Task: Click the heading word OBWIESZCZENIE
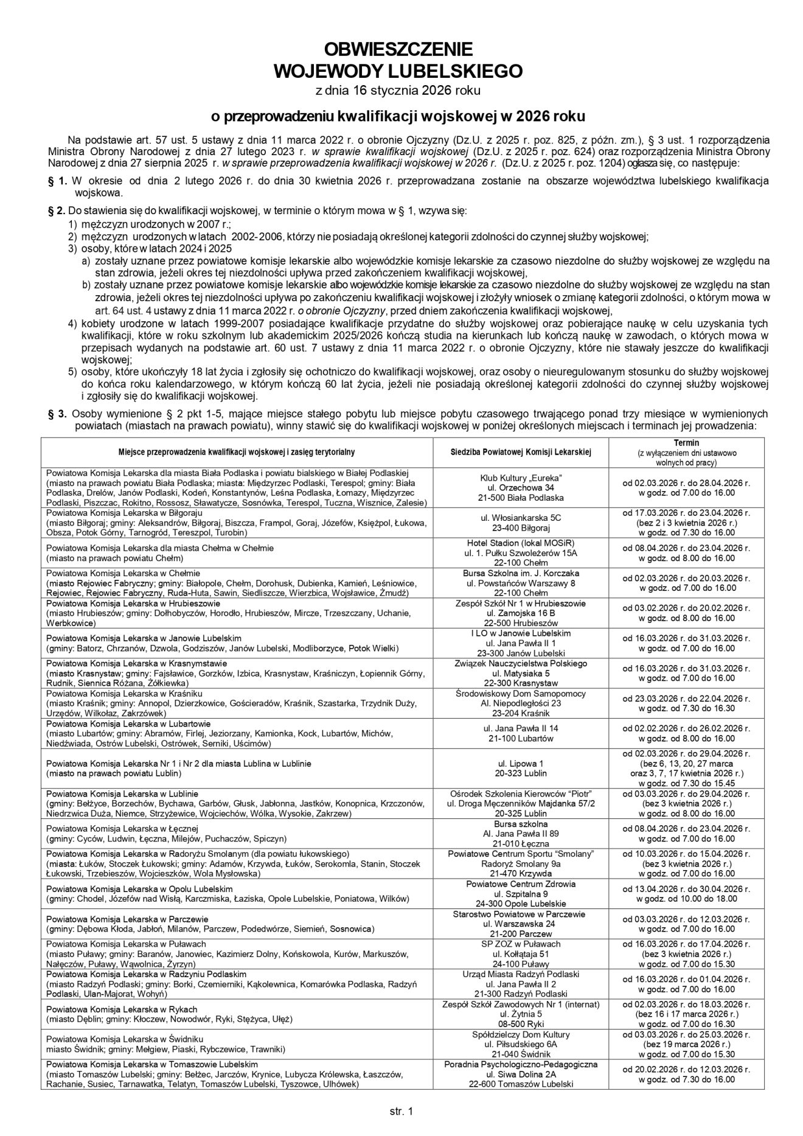click(398, 49)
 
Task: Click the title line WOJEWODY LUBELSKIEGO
click(398, 71)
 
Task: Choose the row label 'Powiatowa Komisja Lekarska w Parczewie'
click(127, 919)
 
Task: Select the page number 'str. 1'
click(401, 1111)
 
